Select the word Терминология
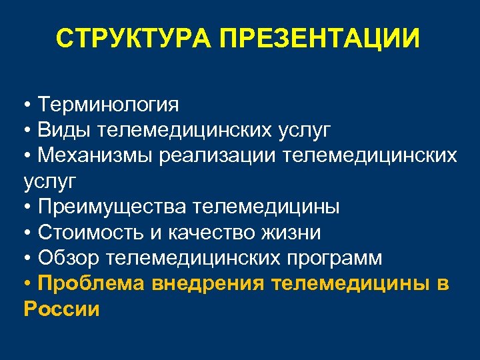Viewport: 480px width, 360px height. [x=109, y=104]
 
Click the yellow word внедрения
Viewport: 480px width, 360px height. [x=210, y=284]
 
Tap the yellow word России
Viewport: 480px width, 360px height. [x=61, y=309]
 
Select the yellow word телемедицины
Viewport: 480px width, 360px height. [x=353, y=284]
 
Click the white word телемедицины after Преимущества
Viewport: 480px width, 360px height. [x=266, y=207]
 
